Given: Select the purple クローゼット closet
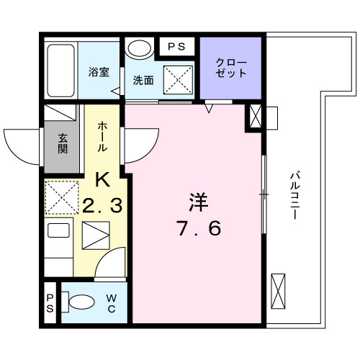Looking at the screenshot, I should (231, 67).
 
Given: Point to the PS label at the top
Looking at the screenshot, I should (176, 46).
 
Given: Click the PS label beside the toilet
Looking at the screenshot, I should (50, 303).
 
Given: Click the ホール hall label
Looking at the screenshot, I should (103, 135).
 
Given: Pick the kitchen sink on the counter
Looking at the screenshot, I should (95, 235).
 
